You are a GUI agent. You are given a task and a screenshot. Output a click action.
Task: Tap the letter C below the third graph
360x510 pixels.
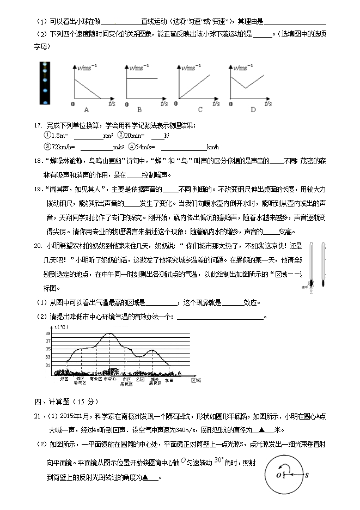point(200,110)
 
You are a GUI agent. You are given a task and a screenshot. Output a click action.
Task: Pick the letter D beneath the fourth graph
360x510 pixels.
point(253,110)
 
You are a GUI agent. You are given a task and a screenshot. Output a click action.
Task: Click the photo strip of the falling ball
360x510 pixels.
point(44,83)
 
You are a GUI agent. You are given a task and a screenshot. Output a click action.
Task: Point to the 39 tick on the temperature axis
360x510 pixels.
point(48,333)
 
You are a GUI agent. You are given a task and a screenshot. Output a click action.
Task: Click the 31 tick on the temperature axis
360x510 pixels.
point(48,365)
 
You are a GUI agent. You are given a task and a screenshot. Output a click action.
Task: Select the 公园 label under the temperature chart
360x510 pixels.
point(141,379)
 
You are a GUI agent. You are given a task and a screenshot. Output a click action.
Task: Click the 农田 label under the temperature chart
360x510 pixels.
point(169,379)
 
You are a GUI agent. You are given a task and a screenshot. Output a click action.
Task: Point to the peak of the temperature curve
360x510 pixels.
point(111,333)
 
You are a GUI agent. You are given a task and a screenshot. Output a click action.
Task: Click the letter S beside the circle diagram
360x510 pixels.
point(307,475)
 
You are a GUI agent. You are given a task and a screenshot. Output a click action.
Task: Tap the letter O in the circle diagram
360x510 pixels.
point(279,475)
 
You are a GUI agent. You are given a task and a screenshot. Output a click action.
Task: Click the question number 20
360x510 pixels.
point(38,246)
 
